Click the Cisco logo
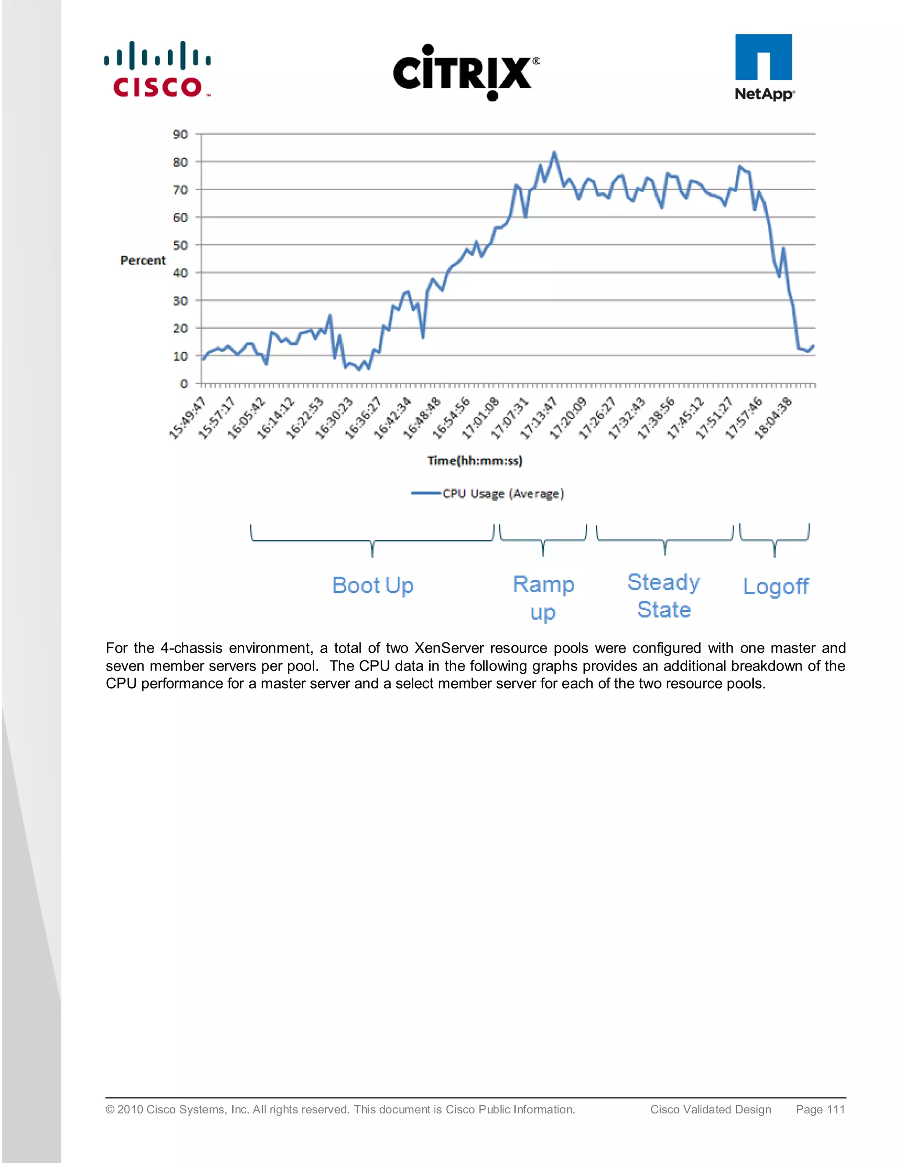tap(158, 70)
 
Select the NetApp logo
tap(764, 68)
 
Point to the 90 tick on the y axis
tap(180, 135)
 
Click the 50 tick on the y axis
tap(180, 245)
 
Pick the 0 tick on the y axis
tap(184, 384)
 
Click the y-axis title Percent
tap(143, 260)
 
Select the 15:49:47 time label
tap(187, 417)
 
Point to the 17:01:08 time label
tap(480, 417)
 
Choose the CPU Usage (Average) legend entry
tap(487, 494)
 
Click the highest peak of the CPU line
tap(554, 153)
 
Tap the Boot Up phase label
tap(373, 585)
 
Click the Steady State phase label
tap(664, 596)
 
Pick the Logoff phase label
tap(776, 586)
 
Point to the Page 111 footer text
tap(820, 1109)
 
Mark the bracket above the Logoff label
tap(774, 539)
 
